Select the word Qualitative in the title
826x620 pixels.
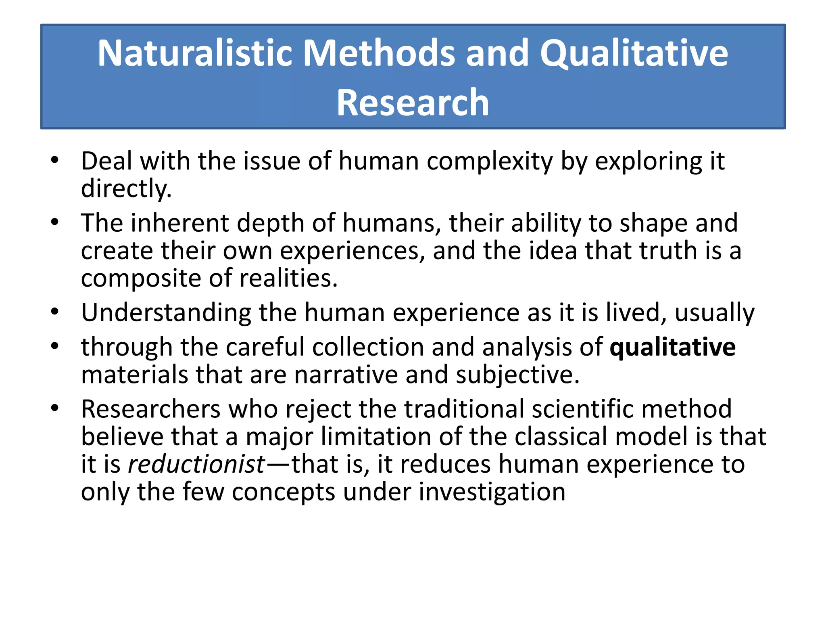pos(634,53)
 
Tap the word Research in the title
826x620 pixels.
pos(413,103)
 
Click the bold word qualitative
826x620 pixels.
pos(672,347)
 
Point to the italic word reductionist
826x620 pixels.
pos(196,464)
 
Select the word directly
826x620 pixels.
pos(126,189)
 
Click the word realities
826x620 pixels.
pos(288,279)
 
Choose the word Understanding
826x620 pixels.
pos(166,312)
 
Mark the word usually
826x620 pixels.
pos(714,312)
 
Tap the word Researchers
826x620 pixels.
pos(151,409)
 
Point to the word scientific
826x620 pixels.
pos(582,409)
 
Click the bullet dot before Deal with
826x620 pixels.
pos(55,160)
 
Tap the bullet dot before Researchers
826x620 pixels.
pos(55,408)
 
